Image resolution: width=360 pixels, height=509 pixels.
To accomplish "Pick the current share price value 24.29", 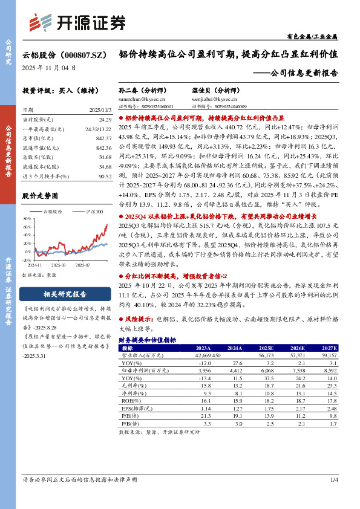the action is tap(104, 121).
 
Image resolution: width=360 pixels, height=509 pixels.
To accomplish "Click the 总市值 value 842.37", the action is tap(103, 138).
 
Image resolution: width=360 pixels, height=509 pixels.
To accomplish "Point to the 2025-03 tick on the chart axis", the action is tap(59, 264).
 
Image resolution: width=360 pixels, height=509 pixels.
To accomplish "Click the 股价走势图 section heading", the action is tap(40, 196).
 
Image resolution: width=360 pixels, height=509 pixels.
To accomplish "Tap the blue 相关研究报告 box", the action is tap(65, 294).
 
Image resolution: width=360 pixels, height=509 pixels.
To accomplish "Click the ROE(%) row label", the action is tap(129, 383).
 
